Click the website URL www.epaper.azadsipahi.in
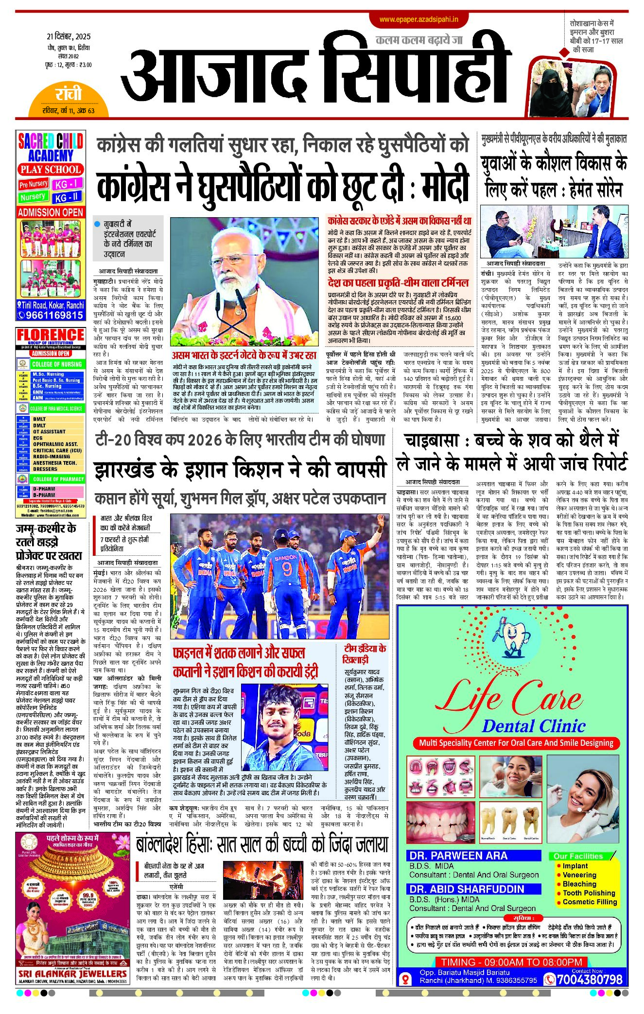(419, 19)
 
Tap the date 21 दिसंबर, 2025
(69, 36)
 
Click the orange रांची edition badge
(69, 94)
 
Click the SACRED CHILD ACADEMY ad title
(51, 148)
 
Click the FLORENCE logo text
(51, 335)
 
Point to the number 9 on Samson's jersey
(287, 569)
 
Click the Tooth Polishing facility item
(589, 893)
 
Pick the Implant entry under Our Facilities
(575, 866)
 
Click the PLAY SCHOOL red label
(51, 170)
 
